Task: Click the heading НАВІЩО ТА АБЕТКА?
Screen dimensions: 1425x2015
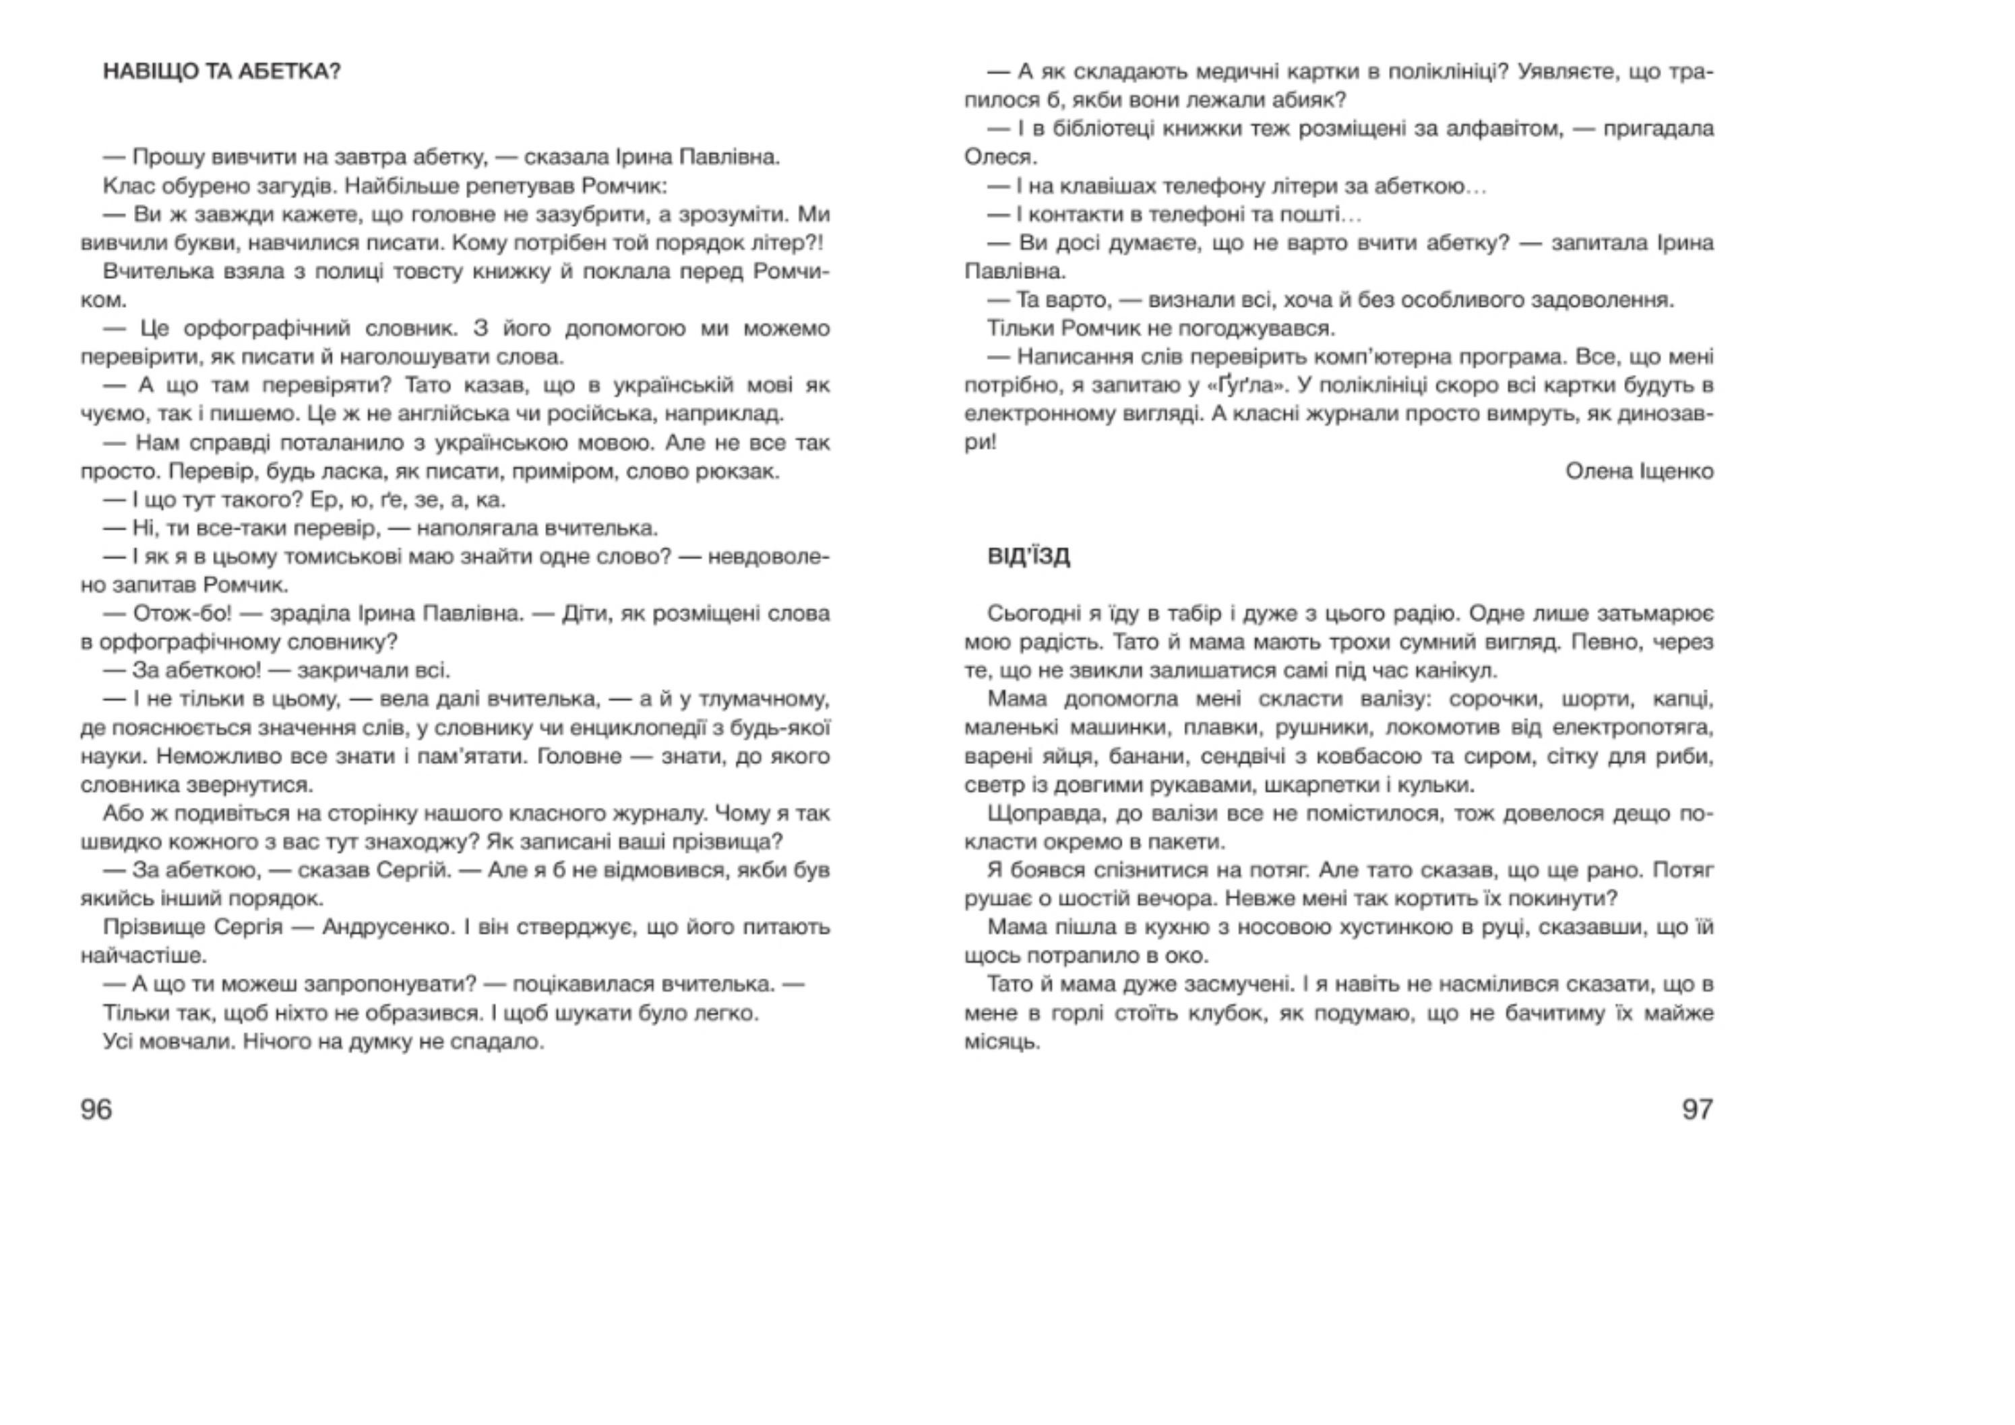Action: (222, 71)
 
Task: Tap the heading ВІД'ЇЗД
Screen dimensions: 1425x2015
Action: (1028, 557)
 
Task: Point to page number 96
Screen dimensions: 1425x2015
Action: (96, 1109)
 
